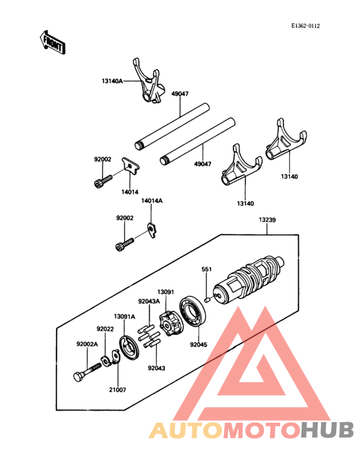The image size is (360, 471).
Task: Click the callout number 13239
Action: (x=267, y=219)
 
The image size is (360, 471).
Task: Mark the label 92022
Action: (x=105, y=329)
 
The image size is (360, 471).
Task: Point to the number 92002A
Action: (x=87, y=344)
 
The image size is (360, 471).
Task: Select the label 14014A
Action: (x=152, y=201)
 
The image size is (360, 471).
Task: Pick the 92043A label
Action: (x=148, y=300)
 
